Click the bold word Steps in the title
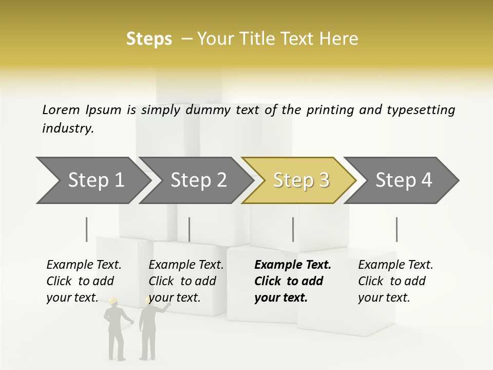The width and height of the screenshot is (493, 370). (x=149, y=39)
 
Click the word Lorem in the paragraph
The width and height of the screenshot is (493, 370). (x=61, y=109)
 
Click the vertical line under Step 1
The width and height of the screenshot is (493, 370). (x=87, y=229)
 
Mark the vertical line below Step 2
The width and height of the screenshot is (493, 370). (x=189, y=229)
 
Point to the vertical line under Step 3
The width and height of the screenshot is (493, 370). (x=293, y=229)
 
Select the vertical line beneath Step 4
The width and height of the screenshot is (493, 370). (x=396, y=229)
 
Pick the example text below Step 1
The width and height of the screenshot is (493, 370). (x=83, y=281)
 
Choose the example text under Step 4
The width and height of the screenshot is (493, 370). (x=395, y=281)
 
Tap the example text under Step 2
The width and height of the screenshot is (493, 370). (x=185, y=281)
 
